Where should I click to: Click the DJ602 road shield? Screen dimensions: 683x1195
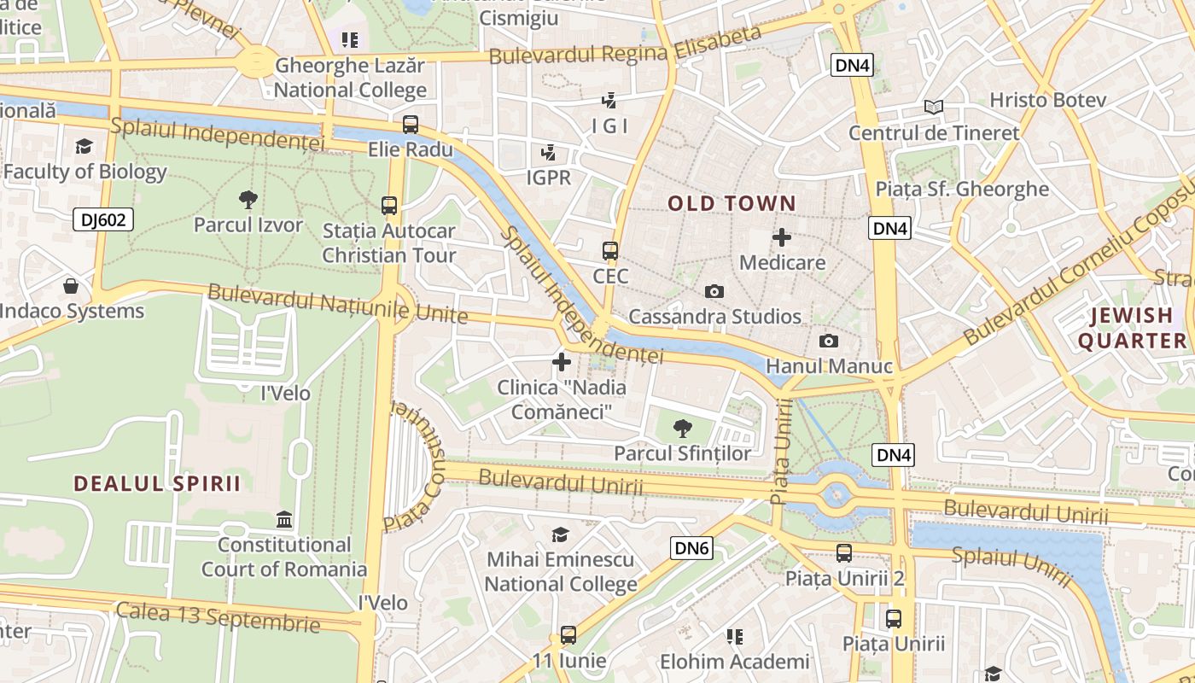coord(103,219)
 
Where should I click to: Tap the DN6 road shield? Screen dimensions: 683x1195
coord(691,548)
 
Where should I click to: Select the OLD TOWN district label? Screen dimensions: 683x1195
coord(732,204)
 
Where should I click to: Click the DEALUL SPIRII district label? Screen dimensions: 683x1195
coord(157,484)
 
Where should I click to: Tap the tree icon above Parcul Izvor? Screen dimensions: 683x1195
coord(248,200)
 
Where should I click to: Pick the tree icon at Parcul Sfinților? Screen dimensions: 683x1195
coord(682,428)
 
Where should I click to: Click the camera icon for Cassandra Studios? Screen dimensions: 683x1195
coord(714,292)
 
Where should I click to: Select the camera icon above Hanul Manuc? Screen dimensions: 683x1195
coord(828,341)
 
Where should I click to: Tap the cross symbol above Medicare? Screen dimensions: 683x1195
coord(782,237)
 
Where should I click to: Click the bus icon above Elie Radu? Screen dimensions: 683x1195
coord(411,125)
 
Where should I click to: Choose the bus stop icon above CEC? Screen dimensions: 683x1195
coord(610,251)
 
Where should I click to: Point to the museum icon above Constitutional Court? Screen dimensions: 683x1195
coord(284,519)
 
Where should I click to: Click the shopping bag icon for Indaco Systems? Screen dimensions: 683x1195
coord(71,286)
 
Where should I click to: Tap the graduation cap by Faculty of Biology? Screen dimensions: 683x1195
coord(84,147)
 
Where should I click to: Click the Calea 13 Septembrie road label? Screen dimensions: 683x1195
coord(218,617)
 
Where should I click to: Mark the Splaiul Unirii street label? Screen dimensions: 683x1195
coord(1011,566)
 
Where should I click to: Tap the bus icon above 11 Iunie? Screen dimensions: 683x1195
coord(568,635)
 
